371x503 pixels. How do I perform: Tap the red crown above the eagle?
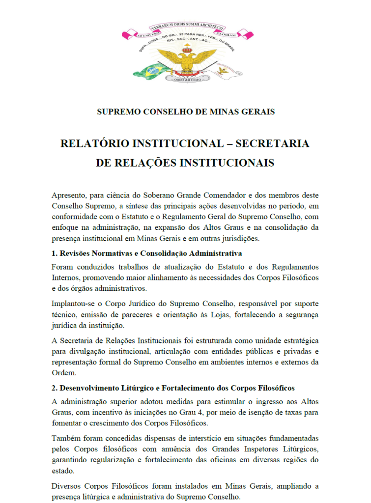tap(186, 49)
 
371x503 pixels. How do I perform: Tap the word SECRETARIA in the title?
tap(272, 144)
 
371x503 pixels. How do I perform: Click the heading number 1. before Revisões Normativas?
tap(54, 253)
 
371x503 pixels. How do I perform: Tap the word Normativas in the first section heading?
tap(114, 253)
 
